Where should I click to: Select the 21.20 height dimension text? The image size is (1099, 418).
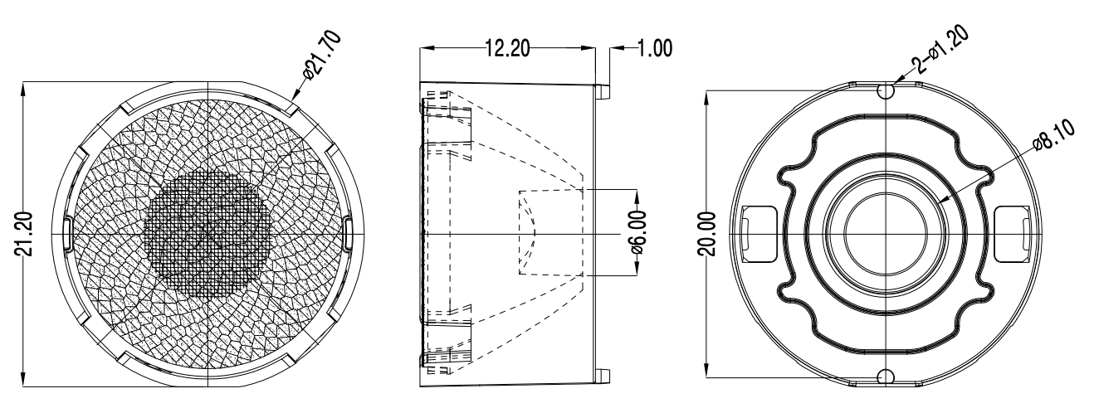tap(25, 234)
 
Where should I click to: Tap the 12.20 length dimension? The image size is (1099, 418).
tap(507, 48)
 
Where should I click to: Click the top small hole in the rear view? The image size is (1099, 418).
tap(886, 90)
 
